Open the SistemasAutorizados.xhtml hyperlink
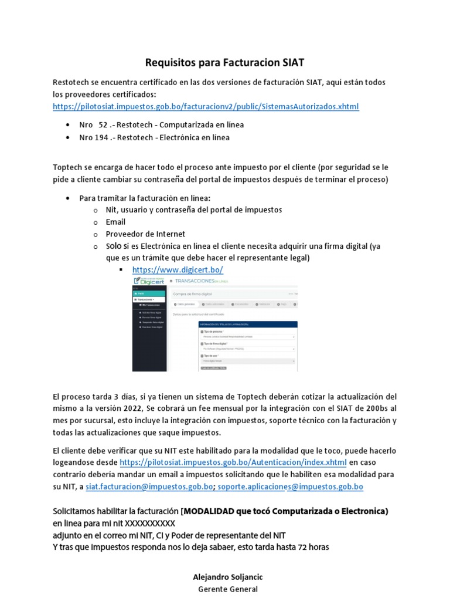[x=205, y=106]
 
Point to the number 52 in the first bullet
[x=103, y=125]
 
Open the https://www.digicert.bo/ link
[x=178, y=270]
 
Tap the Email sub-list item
[x=115, y=222]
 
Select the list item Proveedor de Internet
[x=145, y=234]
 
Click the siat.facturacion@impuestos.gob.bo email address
[x=149, y=487]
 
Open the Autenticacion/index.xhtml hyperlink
[x=233, y=462]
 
